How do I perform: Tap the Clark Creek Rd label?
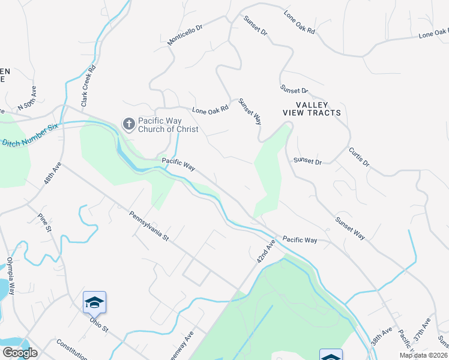click(89, 91)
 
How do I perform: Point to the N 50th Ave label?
click(28, 98)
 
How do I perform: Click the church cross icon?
click(128, 124)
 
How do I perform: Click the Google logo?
click(20, 353)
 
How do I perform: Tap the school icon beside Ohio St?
click(94, 302)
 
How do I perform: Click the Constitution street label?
click(72, 346)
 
